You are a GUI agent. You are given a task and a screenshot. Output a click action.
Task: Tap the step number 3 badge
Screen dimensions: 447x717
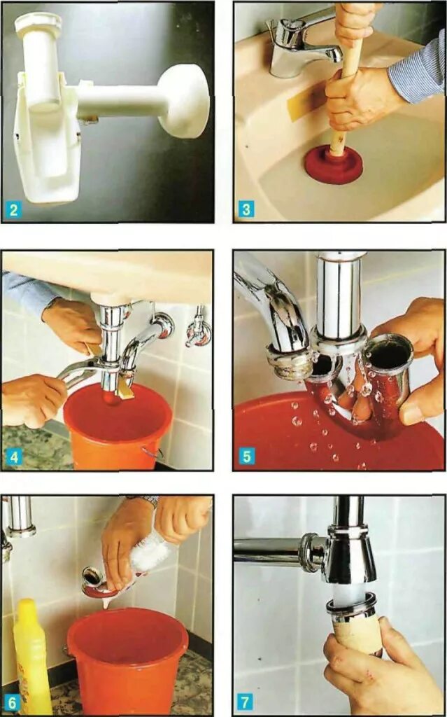tap(246, 210)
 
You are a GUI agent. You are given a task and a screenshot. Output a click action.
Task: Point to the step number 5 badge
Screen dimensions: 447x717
tap(246, 457)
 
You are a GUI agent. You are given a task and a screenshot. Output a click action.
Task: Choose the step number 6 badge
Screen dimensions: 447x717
tap(13, 703)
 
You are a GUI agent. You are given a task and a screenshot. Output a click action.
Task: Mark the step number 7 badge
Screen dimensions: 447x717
tap(246, 703)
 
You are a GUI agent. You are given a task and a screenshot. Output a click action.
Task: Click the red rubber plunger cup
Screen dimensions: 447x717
tap(334, 165)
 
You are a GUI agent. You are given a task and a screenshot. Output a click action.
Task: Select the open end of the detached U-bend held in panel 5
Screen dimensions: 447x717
tap(389, 350)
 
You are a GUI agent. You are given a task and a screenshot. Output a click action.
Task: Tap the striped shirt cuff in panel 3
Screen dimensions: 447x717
tap(415, 73)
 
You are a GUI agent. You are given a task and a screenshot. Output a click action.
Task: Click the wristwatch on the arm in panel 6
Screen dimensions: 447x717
tap(145, 501)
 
